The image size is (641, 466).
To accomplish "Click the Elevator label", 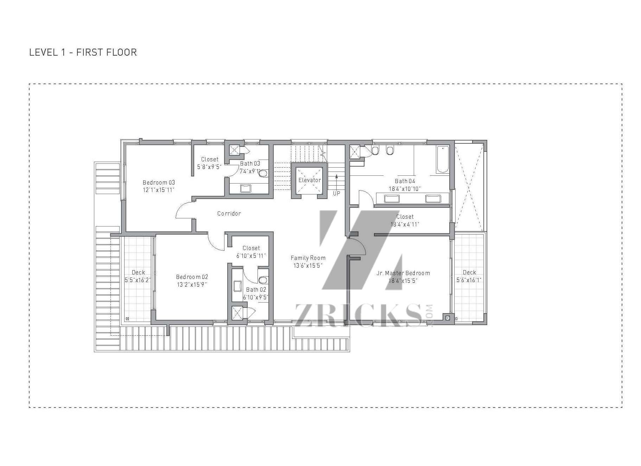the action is (x=310, y=180).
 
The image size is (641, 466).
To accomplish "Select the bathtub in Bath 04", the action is (x=443, y=160).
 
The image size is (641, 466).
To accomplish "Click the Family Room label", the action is (x=308, y=258).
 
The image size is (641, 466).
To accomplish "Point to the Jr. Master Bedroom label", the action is (x=403, y=273).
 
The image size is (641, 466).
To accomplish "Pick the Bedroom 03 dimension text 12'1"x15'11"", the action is (x=159, y=190).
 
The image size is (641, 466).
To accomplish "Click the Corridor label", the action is (x=229, y=213).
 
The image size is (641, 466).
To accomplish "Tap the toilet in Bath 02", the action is (x=263, y=280).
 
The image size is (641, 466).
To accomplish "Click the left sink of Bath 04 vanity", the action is (x=392, y=199).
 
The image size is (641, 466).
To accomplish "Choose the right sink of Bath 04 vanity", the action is (x=433, y=199).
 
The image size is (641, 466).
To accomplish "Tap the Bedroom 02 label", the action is (x=192, y=277).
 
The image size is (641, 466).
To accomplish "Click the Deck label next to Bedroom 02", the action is (x=138, y=272).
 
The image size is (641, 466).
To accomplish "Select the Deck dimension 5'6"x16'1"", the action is (x=469, y=280).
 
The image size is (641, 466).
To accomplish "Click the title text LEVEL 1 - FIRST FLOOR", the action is (x=83, y=52).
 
